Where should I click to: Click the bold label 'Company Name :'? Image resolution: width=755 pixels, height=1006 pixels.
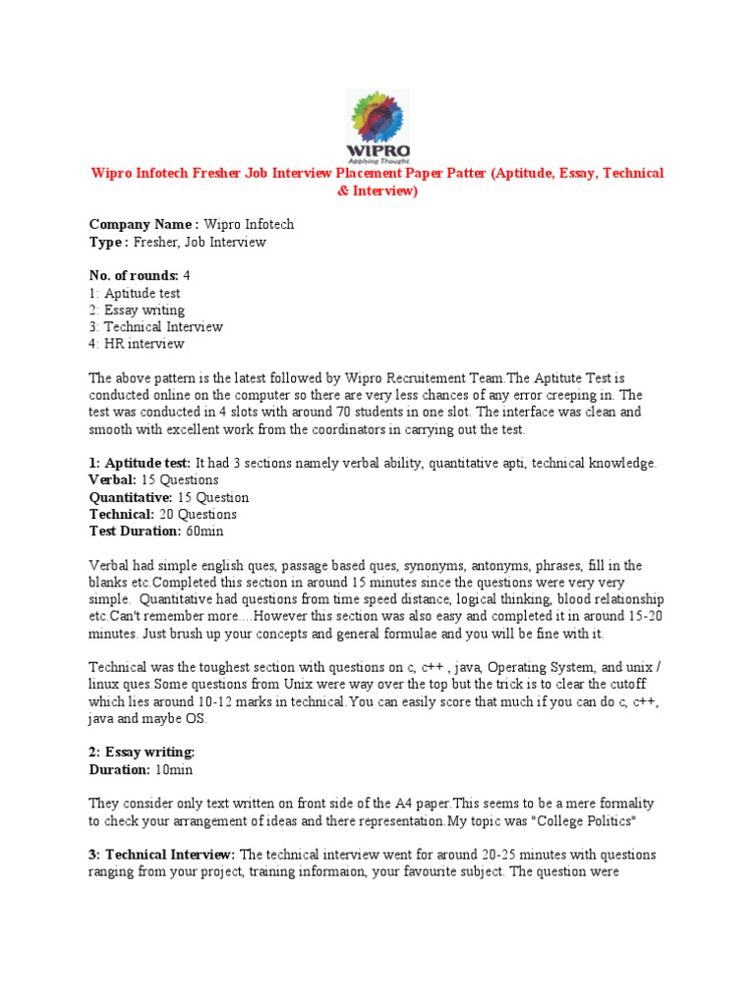click(x=144, y=225)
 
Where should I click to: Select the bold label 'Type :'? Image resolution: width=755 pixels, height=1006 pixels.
click(x=108, y=242)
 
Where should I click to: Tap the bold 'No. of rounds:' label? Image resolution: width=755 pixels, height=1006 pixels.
click(x=134, y=276)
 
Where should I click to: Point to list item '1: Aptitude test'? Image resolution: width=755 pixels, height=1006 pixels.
click(x=135, y=293)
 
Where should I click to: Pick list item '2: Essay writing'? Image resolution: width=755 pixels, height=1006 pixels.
click(x=137, y=310)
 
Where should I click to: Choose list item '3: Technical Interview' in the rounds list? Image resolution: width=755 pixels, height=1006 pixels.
click(x=155, y=327)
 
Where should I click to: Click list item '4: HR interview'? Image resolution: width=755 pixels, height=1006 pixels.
click(x=137, y=344)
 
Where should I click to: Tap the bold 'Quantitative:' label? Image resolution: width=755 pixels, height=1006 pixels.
click(x=132, y=497)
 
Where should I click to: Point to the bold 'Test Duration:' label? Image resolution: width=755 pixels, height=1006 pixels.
click(x=135, y=531)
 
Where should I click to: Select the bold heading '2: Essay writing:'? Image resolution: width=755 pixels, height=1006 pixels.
click(x=143, y=752)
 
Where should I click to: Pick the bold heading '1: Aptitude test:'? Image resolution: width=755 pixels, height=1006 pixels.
click(x=141, y=463)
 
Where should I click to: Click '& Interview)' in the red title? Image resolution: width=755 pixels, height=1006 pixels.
click(x=377, y=191)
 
